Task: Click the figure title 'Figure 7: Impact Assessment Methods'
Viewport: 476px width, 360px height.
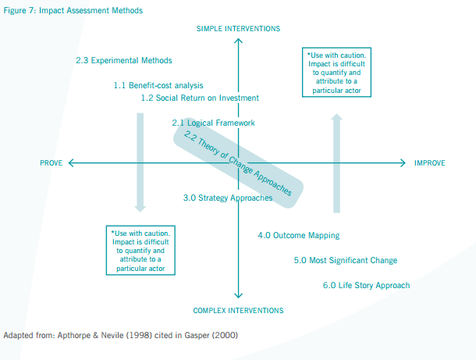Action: coord(62,10)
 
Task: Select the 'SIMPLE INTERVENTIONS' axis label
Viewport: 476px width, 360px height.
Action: coord(238,29)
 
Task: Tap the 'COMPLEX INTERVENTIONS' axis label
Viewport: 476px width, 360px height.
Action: coord(238,309)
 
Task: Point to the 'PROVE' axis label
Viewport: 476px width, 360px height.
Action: coord(52,163)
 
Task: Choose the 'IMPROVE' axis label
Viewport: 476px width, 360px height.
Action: coord(430,163)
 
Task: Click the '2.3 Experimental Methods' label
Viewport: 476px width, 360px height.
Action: coord(124,60)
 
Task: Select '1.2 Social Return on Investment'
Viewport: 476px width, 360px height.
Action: coord(200,98)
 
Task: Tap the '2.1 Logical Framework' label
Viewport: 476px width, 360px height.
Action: coord(213,123)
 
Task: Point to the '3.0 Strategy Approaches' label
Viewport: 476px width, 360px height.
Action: coord(228,198)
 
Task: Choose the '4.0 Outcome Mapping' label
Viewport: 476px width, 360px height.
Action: coord(299,235)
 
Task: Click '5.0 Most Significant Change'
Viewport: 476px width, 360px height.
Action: coord(346,260)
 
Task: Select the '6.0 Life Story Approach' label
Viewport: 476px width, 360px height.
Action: coord(366,285)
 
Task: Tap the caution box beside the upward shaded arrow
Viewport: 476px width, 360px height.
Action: coord(337,73)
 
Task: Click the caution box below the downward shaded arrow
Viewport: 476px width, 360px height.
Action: coord(140,250)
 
